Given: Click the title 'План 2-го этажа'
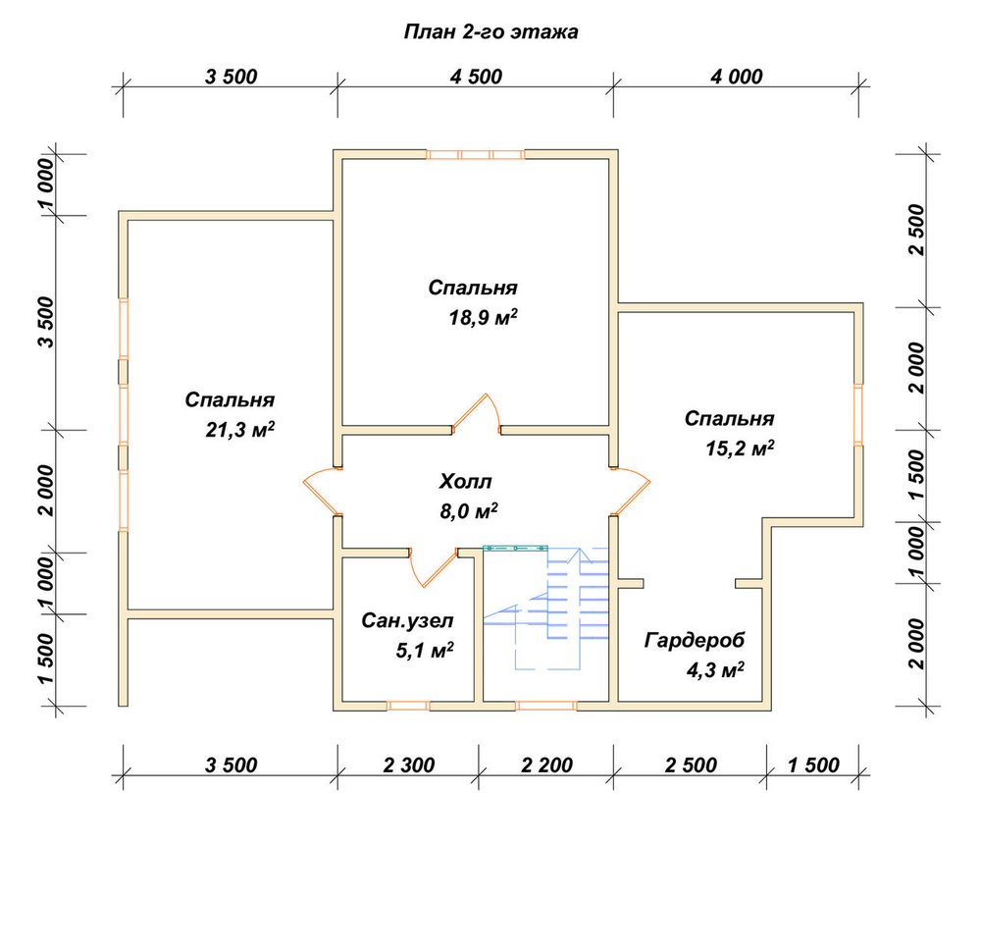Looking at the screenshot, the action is [x=490, y=32].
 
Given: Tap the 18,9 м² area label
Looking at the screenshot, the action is [x=483, y=318].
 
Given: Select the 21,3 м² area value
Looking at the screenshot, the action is [x=240, y=430].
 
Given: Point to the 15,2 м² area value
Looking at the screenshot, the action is [x=740, y=449].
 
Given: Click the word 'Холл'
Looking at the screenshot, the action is [x=465, y=482].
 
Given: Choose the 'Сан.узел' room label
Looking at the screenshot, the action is [x=407, y=620].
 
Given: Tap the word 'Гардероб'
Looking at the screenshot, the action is [x=695, y=641].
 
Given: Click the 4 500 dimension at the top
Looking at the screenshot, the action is [x=476, y=77].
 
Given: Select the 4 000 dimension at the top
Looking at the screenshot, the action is [x=737, y=77].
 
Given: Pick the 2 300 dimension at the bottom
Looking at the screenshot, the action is [x=408, y=766].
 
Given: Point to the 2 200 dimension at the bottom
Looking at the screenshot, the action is [x=546, y=766].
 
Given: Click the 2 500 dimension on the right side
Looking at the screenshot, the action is [x=916, y=229].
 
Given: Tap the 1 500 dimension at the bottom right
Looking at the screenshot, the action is [x=813, y=766].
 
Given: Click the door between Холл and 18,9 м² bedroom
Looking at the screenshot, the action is [x=477, y=414].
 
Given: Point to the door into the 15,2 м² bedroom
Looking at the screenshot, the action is [x=630, y=492].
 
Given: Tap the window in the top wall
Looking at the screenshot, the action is [x=476, y=155].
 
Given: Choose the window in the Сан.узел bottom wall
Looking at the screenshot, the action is [x=408, y=706].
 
